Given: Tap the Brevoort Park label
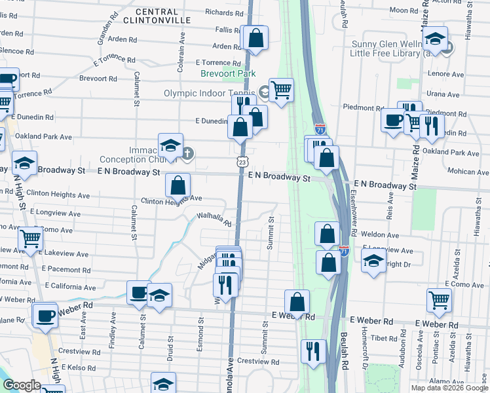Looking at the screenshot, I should click(228, 74).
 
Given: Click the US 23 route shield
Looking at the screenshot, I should click(242, 161).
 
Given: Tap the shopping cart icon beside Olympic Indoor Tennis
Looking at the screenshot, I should click(281, 90).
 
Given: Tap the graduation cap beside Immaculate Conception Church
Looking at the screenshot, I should click(170, 145).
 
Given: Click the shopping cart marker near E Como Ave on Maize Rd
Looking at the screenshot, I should click(439, 300).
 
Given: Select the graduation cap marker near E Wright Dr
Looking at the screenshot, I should click(373, 260).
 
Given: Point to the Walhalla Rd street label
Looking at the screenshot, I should click(214, 219).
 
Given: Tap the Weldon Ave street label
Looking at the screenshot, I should click(384, 234).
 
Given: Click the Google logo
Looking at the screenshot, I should click(22, 385).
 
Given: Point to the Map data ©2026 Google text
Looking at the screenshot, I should click(448, 388).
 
